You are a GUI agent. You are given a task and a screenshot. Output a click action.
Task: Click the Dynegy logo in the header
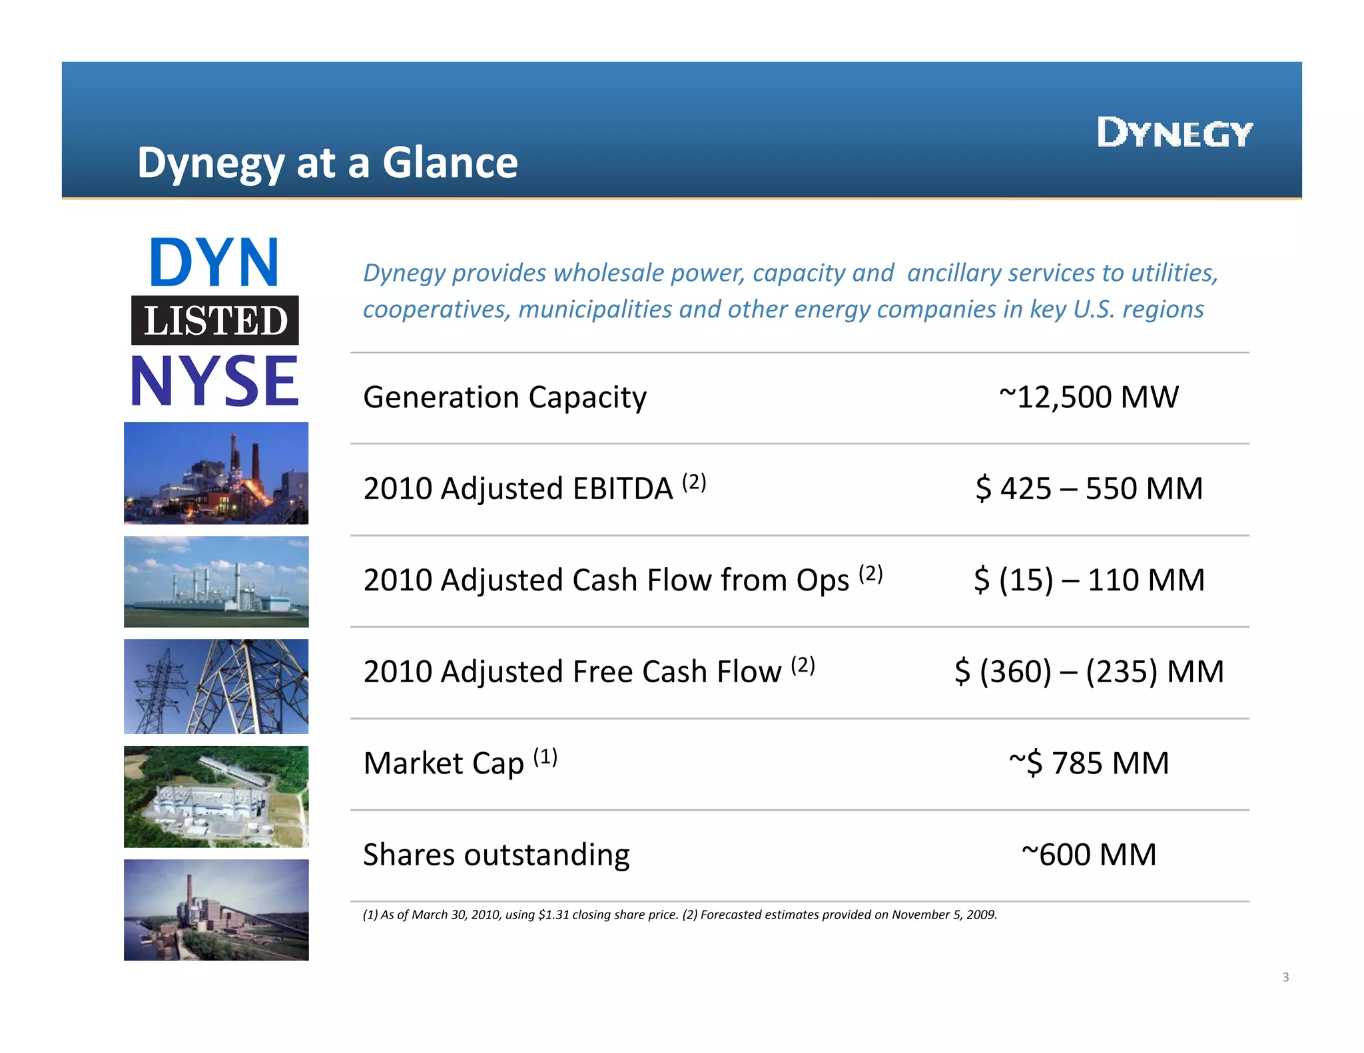pos(1174,132)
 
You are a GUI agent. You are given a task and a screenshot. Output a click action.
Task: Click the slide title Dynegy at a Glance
pos(327,162)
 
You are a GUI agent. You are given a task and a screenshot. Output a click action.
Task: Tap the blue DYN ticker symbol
pos(214,262)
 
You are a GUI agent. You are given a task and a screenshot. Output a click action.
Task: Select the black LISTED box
pos(215,320)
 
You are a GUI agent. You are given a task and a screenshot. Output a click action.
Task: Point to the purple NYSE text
pos(214,381)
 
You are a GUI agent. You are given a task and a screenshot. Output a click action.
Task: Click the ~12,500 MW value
pos(1088,397)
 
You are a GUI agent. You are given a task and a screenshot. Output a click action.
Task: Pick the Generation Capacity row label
pos(504,397)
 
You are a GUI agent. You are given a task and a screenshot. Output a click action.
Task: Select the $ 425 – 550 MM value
pos(1089,489)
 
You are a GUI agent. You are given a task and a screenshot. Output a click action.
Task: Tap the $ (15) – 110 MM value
pos(1089,580)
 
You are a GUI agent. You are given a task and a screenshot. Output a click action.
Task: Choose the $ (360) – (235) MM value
pos(1089,671)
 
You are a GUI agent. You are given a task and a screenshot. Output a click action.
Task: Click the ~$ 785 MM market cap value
pos(1089,763)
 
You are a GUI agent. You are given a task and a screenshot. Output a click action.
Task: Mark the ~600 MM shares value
pos(1089,855)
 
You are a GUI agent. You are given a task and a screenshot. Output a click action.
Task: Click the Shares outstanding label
pos(496,855)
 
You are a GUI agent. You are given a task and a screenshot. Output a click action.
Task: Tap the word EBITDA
pos(622,489)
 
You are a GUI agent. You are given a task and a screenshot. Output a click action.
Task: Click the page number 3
pos(1285,977)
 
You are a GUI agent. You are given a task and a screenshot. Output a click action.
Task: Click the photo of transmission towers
pos(216,686)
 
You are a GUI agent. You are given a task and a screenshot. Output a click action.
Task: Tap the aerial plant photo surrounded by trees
pos(216,797)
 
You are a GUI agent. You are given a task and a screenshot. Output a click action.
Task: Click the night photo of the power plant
pos(216,473)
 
